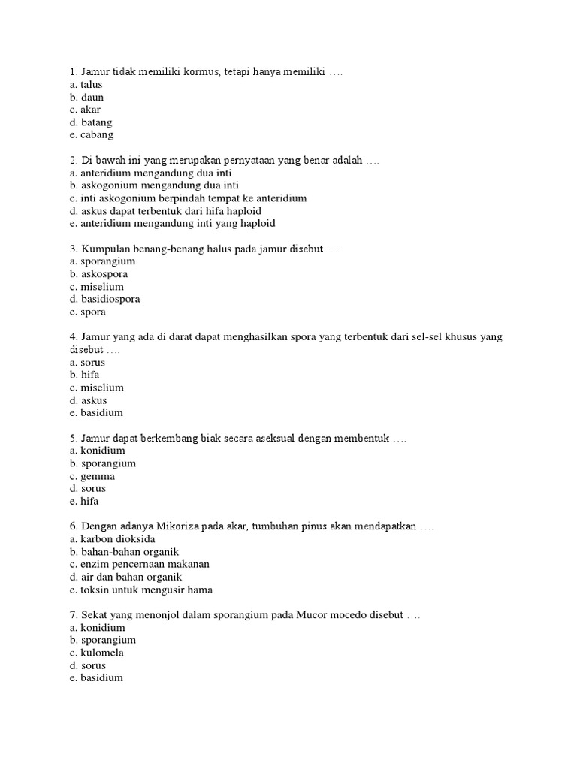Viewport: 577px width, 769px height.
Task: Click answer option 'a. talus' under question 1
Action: tap(85, 85)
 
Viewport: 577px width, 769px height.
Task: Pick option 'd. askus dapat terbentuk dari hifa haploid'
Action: tap(165, 211)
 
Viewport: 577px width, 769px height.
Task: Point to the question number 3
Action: tap(71, 249)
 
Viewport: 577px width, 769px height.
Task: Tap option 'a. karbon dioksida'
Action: tap(111, 539)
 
